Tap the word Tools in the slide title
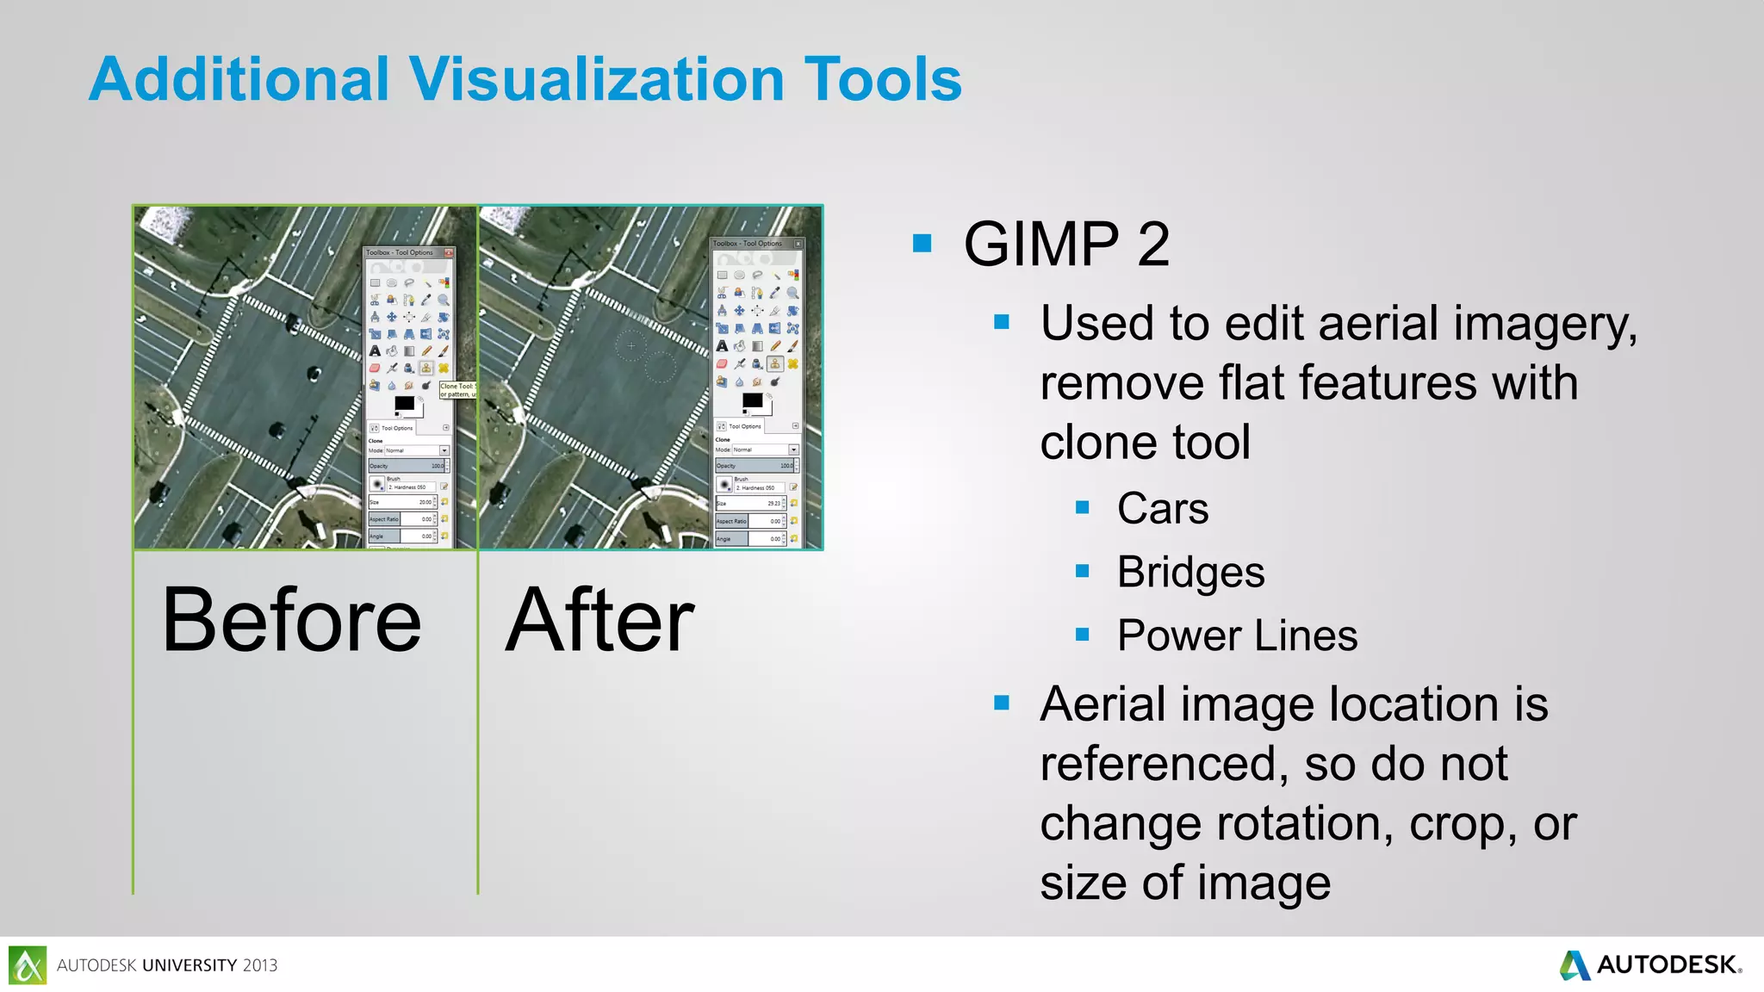coord(882,79)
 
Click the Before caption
coord(292,620)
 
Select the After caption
coord(600,620)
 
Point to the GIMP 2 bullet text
coord(1066,244)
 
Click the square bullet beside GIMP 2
coord(922,244)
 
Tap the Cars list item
coord(1163,508)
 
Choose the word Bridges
coord(1190,572)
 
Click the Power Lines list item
coord(1237,635)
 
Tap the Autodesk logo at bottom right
coord(1650,964)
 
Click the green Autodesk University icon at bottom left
coord(28,964)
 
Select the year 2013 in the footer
coord(260,965)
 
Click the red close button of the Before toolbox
coord(448,253)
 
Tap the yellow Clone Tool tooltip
coord(458,390)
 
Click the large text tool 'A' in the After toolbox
coord(722,346)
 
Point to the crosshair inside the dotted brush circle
coord(631,345)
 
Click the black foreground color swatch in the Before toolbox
coord(404,403)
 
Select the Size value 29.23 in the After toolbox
coord(773,504)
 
